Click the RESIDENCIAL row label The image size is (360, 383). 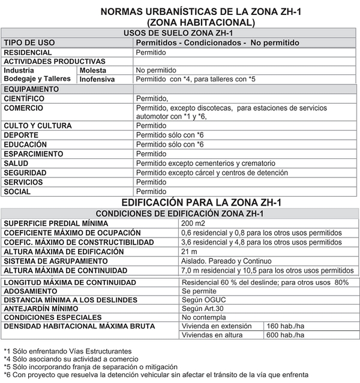pyautogui.click(x=28, y=53)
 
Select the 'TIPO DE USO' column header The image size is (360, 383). pyautogui.click(x=29, y=43)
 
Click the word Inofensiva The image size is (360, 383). pyautogui.click(x=97, y=79)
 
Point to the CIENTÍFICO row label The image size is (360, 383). pyautogui.click(x=24, y=98)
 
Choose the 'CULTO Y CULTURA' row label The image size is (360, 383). pyautogui.click(x=38, y=126)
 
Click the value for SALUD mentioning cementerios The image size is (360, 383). pyautogui.click(x=205, y=163)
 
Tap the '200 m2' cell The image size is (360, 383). pyautogui.click(x=193, y=224)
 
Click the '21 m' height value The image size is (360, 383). pyautogui.click(x=189, y=252)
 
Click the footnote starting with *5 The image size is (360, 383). pyautogui.click(x=90, y=367)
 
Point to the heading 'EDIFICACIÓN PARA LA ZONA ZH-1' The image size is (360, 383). pyautogui.click(x=201, y=203)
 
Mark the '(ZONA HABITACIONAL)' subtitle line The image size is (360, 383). pyautogui.click(x=201, y=22)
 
